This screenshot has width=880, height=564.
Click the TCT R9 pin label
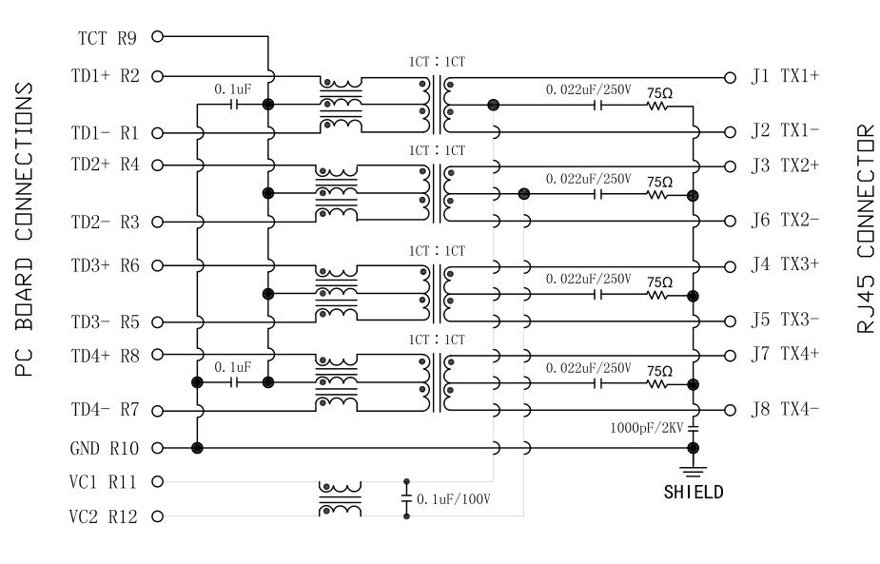click(107, 39)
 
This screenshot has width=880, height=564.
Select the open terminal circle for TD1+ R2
click(157, 76)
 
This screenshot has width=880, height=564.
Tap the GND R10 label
click(107, 448)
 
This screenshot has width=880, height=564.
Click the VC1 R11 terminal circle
click(157, 482)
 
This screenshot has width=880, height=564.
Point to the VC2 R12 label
click(107, 517)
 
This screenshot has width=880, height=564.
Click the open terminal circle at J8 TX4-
click(730, 411)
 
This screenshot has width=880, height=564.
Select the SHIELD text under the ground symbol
click(694, 493)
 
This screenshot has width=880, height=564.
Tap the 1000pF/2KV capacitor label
click(648, 429)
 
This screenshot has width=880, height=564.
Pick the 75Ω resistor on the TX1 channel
click(658, 106)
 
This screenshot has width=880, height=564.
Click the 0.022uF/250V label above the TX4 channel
click(588, 368)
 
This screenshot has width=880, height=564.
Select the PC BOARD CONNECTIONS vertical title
click(26, 228)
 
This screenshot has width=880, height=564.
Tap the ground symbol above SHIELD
click(694, 470)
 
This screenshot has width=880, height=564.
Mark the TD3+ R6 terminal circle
click(157, 266)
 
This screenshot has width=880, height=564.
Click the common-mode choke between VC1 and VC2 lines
click(340, 498)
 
